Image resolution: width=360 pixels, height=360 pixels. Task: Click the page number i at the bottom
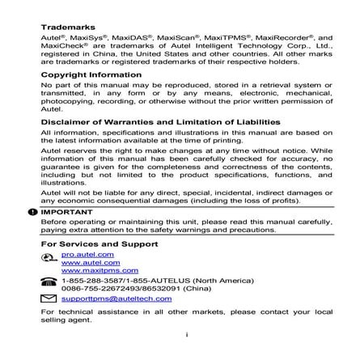click(x=186, y=333)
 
